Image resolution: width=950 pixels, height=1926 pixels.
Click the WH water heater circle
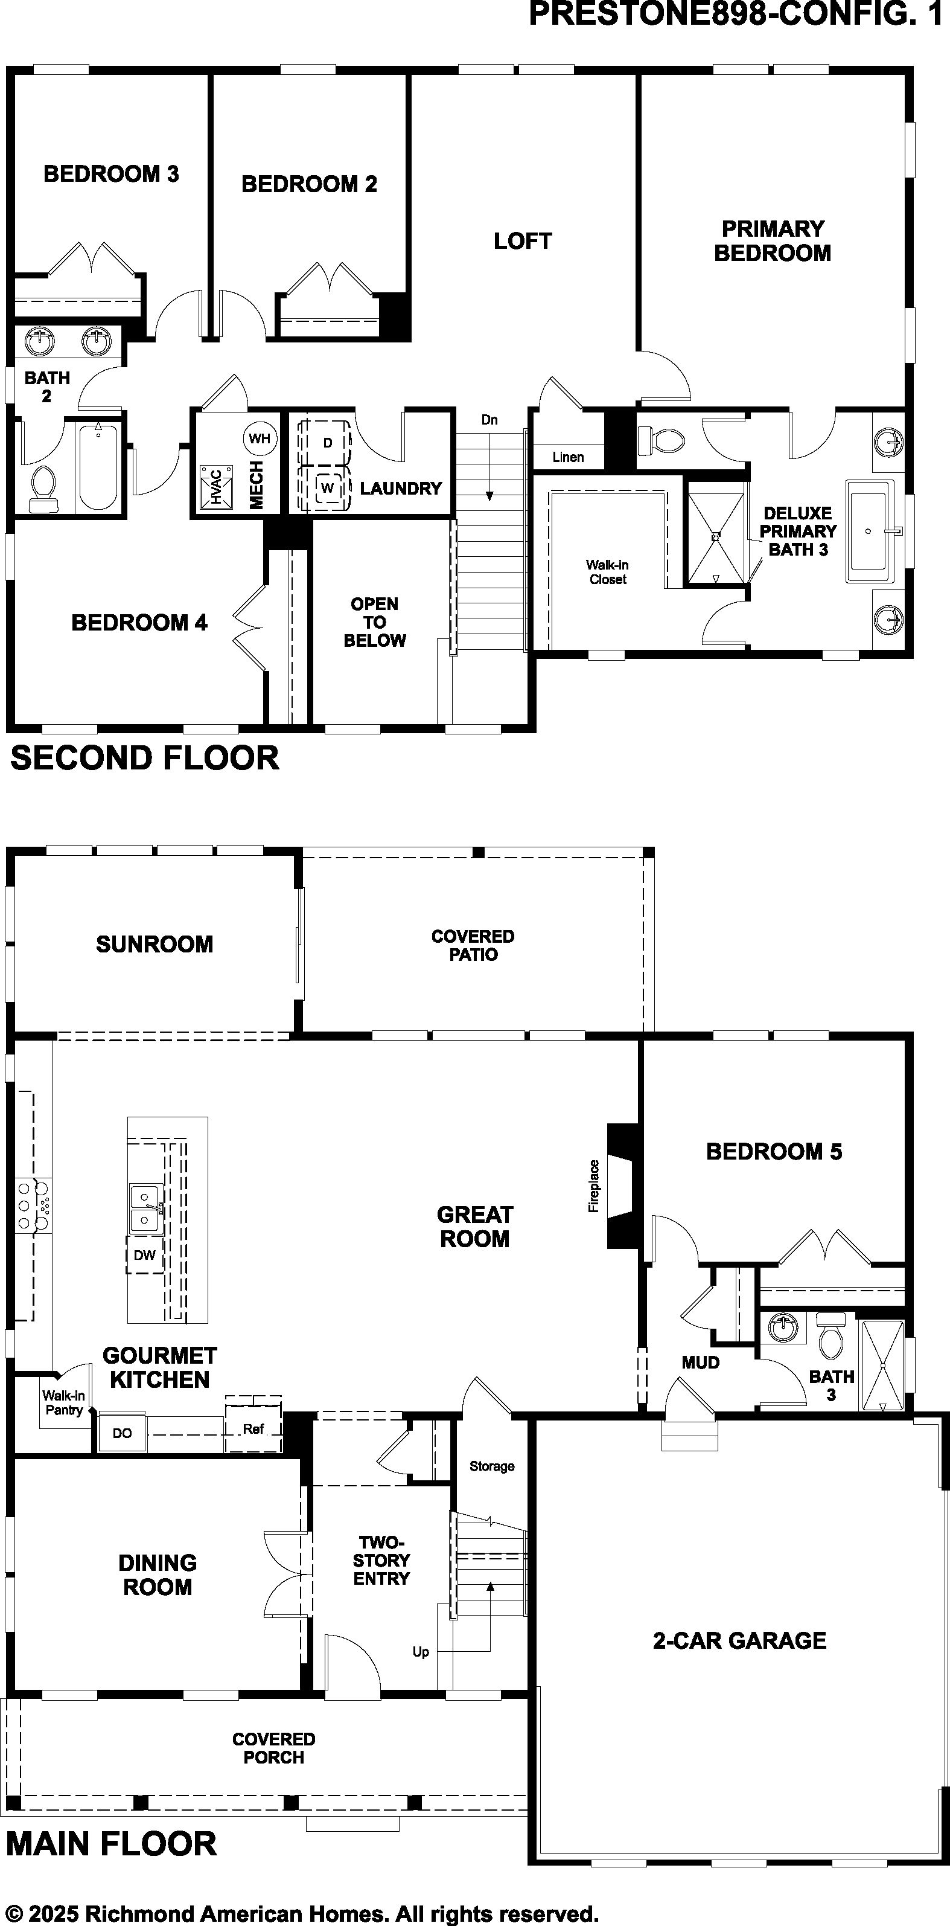(260, 438)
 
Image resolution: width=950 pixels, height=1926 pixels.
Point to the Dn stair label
(489, 419)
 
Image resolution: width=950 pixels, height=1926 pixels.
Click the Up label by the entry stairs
(421, 1652)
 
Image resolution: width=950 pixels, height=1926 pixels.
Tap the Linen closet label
(568, 457)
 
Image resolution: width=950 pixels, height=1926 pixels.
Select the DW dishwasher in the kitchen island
(145, 1254)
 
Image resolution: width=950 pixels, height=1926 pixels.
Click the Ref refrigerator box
(253, 1429)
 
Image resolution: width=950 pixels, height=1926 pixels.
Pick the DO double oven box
(123, 1433)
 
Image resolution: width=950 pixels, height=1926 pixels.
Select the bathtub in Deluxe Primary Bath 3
(869, 531)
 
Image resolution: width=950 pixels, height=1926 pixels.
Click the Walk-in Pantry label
(63, 1402)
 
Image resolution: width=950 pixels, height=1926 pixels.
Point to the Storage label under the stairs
(492, 1466)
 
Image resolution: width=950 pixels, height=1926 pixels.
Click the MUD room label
(700, 1363)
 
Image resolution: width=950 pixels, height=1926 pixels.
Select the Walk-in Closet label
(608, 572)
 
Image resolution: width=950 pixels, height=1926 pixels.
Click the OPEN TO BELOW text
(374, 622)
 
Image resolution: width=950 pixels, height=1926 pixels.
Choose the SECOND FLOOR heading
(145, 758)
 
